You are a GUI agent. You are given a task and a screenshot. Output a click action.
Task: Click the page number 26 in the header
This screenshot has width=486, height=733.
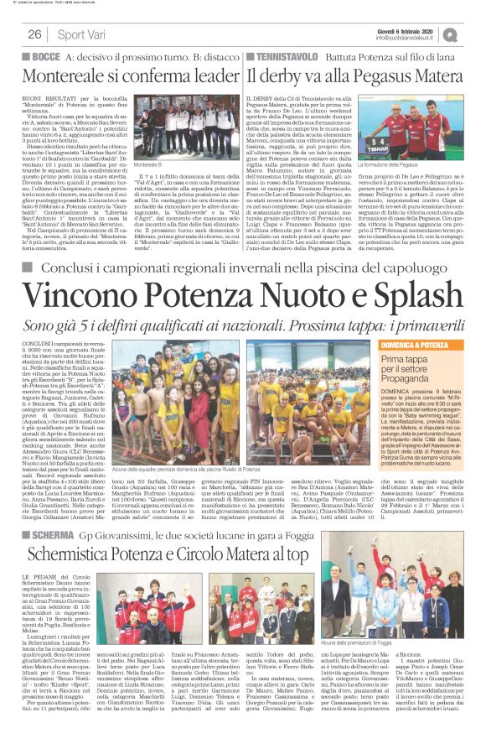(35, 34)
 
